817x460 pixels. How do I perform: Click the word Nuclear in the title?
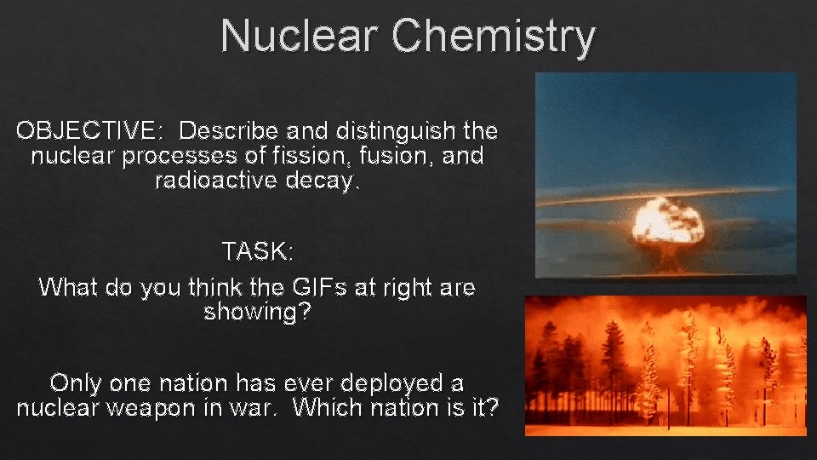coord(299,36)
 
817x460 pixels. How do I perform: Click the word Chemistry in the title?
coord(493,38)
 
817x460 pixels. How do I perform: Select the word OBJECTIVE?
coord(86,130)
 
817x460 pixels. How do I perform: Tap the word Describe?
coord(229,130)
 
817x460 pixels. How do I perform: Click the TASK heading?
coord(257,251)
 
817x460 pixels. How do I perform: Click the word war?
coord(254,408)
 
